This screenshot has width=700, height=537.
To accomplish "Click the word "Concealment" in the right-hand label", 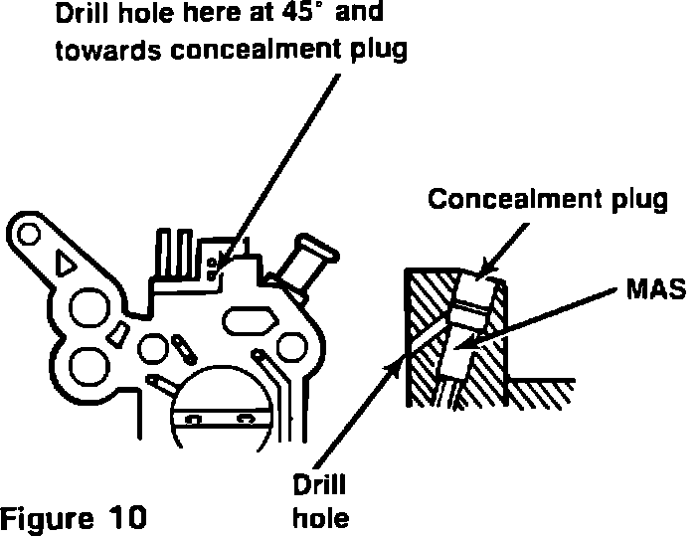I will pos(507,199).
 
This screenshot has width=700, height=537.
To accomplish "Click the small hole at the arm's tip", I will pos(29,235).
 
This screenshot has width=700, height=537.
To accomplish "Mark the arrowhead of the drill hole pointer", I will pos(391,367).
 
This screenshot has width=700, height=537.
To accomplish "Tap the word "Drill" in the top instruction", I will pos(81,17).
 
